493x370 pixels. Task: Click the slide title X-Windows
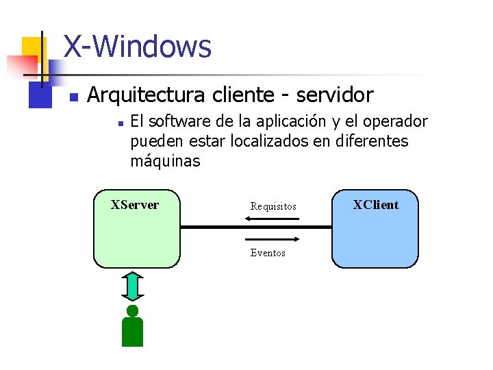(x=137, y=47)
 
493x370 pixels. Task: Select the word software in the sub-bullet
(x=175, y=122)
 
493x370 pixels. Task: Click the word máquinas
(x=165, y=162)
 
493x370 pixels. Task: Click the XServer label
(x=135, y=205)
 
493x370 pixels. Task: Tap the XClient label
(x=376, y=204)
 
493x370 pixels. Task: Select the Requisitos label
(x=273, y=206)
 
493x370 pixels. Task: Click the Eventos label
(x=268, y=253)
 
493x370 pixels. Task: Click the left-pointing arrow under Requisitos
(x=272, y=219)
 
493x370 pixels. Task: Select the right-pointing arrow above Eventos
(x=272, y=239)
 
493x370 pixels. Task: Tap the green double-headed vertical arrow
(x=133, y=286)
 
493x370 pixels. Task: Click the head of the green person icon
(x=132, y=310)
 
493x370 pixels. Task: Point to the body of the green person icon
(x=132, y=332)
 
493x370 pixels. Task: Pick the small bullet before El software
(x=119, y=124)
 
